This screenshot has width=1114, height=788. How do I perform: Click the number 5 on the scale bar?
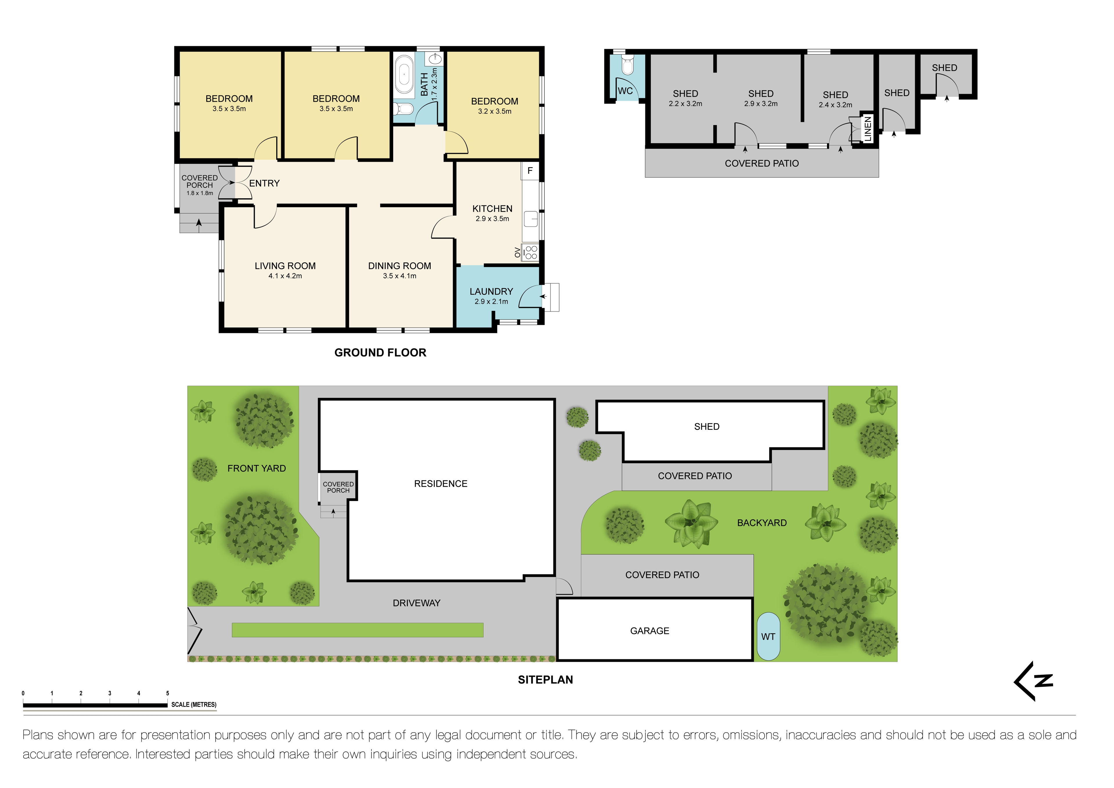coord(168,693)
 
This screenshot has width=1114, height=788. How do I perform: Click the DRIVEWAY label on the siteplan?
coord(416,603)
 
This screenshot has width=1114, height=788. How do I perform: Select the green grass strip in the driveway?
coord(357,630)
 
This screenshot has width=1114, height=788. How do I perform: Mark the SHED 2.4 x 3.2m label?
coord(835,100)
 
